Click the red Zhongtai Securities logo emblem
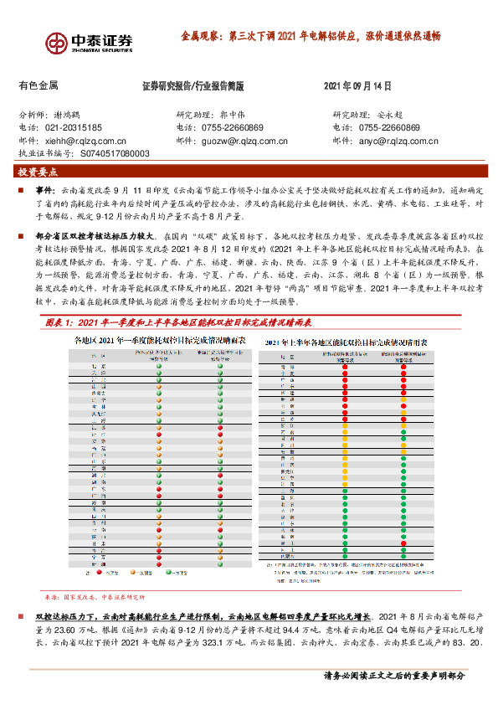tap(57, 43)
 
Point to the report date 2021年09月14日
tap(357, 85)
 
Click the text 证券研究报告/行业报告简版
tap(193, 85)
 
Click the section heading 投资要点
tap(38, 172)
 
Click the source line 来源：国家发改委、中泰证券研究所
tap(94, 620)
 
